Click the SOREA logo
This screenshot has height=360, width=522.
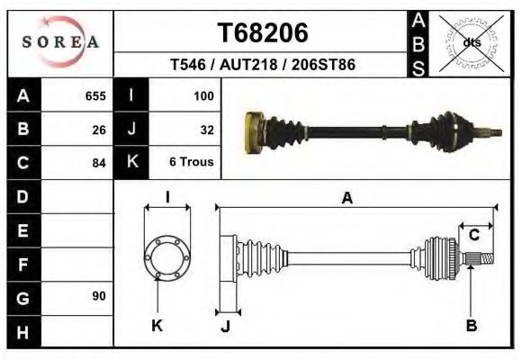pos(60,42)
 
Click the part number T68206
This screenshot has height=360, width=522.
pos(263,33)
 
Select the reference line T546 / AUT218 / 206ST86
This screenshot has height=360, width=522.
pos(263,66)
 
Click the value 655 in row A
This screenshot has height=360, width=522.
pos(94,95)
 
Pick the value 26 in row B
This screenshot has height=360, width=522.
pos(99,129)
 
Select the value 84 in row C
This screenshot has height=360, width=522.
pos(99,163)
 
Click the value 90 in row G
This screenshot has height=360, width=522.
pos(99,296)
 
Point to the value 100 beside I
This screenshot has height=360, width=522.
pos(202,95)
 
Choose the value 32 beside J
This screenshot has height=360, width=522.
pos(206,129)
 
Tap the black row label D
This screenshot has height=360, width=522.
pos(23,196)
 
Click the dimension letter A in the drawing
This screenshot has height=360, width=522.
pos(346,199)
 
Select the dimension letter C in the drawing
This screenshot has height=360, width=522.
pos(473,235)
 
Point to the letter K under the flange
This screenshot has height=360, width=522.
pos(157,326)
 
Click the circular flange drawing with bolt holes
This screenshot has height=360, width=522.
pos(167,257)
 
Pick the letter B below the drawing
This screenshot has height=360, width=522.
pos(471,326)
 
